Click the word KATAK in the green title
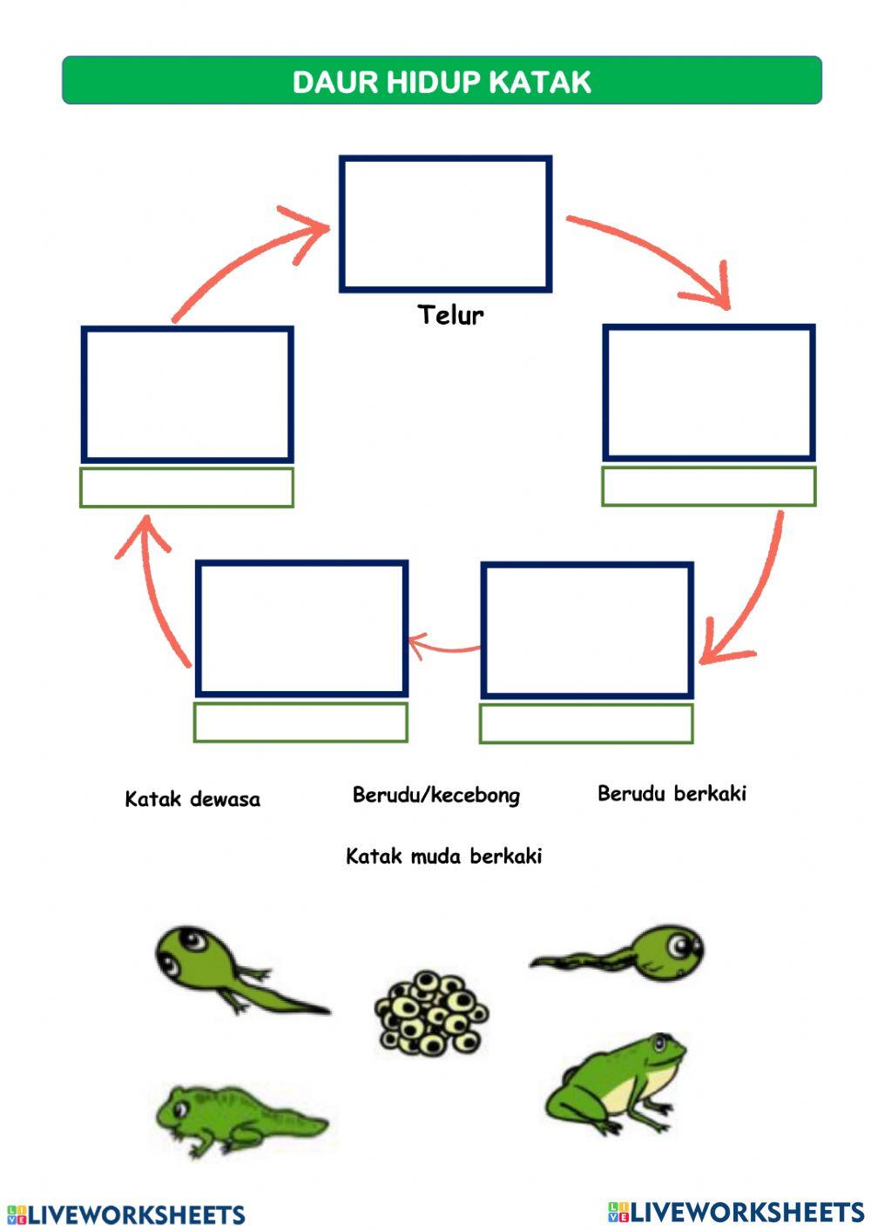click(540, 83)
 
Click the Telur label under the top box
click(450, 315)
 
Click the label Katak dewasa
click(192, 799)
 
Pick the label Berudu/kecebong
click(436, 795)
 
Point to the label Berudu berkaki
click(672, 794)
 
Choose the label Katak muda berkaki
click(444, 856)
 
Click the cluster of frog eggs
click(431, 1013)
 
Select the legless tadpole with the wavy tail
click(618, 954)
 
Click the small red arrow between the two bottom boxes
click(444, 646)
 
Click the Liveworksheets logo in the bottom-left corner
click(126, 1214)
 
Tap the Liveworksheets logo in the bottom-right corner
click(736, 1212)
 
